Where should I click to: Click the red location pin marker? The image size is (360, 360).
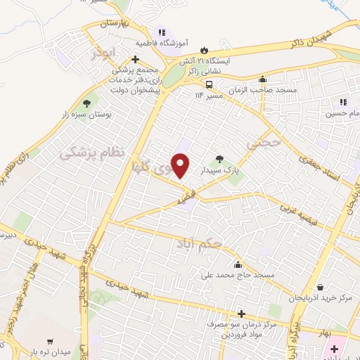pos(181,166)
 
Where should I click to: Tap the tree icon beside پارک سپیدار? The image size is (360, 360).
pos(220,158)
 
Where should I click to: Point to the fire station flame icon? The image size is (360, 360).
pos(204,50)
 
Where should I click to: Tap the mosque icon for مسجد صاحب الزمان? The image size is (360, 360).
pos(262,79)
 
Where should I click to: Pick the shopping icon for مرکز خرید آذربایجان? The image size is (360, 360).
pos(321,288)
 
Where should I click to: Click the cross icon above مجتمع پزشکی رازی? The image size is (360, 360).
pos(135,59)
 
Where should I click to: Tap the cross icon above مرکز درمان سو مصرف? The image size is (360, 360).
pos(241,314)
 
